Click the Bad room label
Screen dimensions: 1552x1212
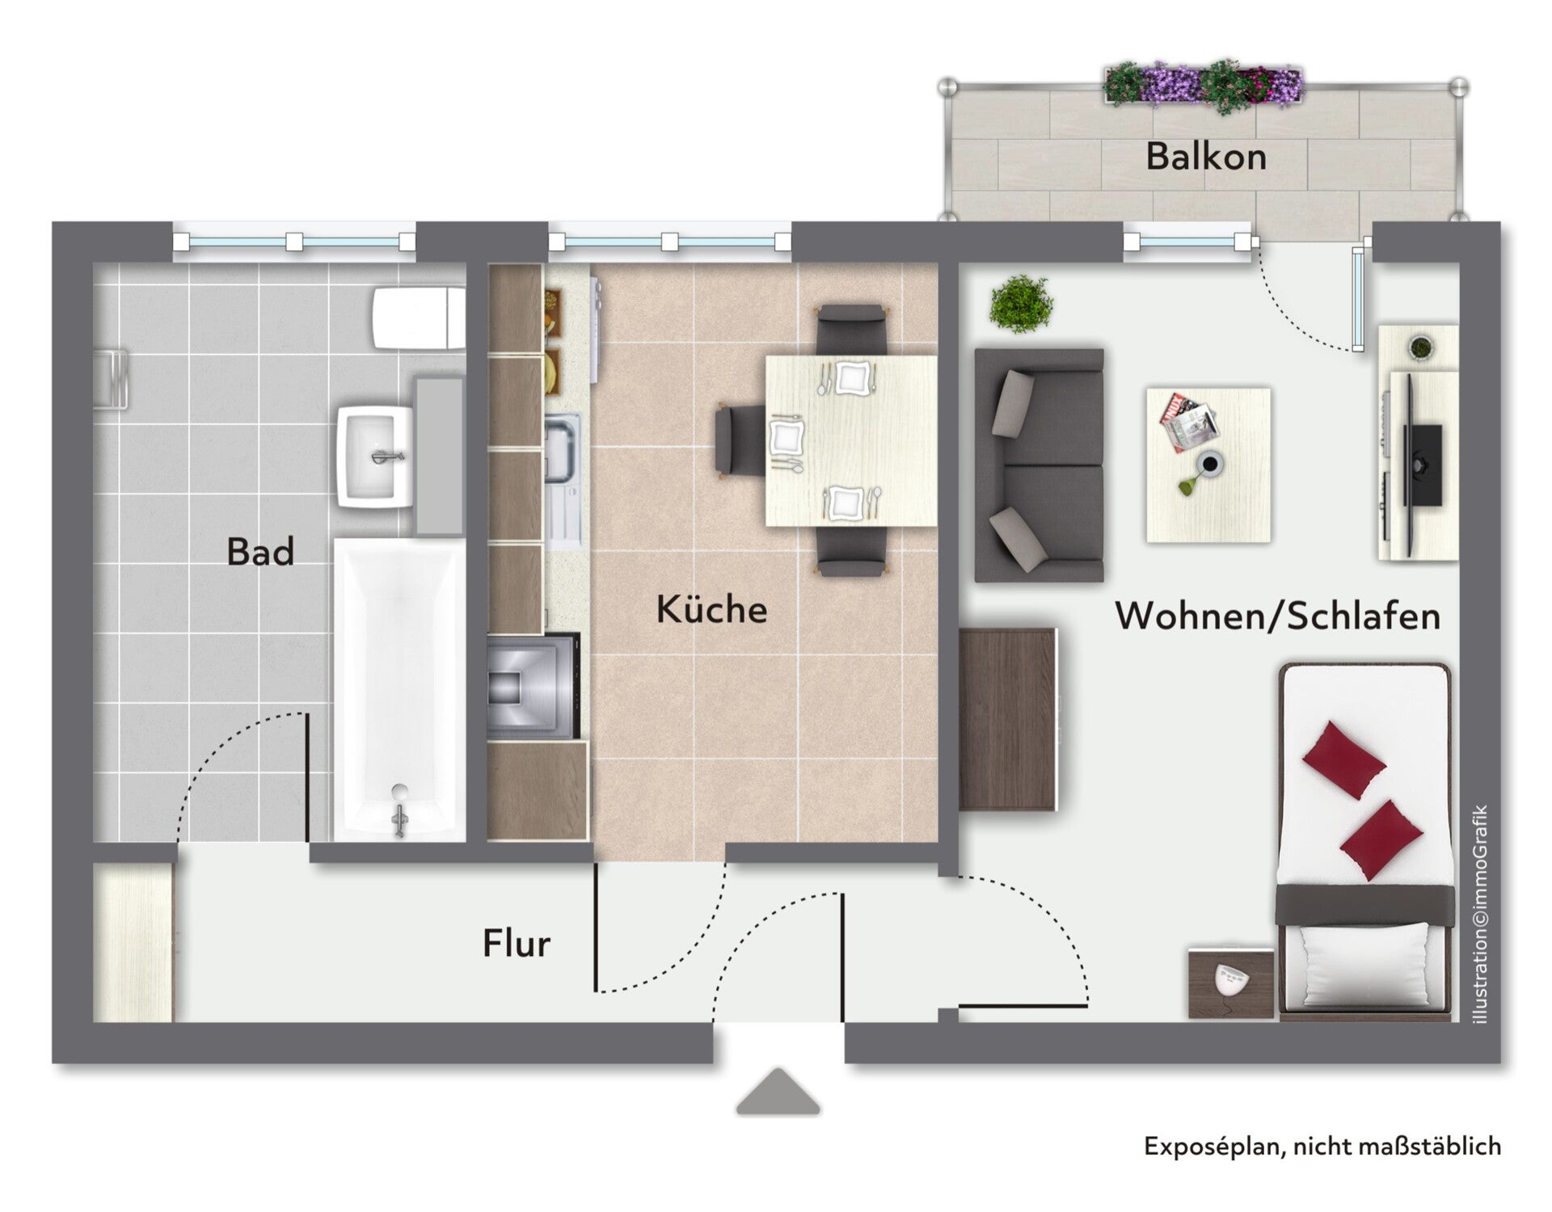point(260,552)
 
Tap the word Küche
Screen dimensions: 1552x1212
point(711,608)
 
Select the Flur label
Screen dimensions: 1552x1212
point(517,943)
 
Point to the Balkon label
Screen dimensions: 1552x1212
point(1206,156)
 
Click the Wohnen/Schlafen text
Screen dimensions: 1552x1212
point(1278,616)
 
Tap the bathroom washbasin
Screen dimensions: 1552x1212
point(374,457)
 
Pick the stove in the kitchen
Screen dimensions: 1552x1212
point(533,686)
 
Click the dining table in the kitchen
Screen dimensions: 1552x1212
point(851,440)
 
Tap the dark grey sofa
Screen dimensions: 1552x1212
point(1039,465)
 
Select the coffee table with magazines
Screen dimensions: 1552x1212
point(1208,465)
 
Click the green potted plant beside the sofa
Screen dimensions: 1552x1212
point(1021,303)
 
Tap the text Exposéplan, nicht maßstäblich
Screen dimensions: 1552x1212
point(1322,1147)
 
